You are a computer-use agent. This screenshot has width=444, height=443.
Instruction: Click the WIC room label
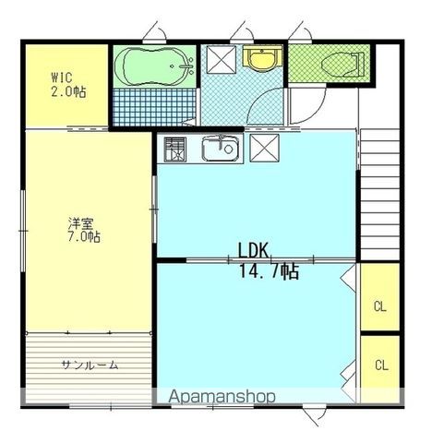(62, 78)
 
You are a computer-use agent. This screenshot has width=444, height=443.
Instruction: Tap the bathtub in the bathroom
(154, 66)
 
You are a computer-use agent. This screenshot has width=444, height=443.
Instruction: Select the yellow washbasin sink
(262, 58)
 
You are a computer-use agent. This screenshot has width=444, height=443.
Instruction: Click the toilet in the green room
(342, 65)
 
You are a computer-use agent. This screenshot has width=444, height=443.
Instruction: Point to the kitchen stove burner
(175, 150)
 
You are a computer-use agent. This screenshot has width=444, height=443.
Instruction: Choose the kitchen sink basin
(221, 149)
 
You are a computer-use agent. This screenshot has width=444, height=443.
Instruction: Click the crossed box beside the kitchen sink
(264, 149)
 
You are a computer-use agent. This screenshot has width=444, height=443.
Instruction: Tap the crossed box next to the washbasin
(222, 60)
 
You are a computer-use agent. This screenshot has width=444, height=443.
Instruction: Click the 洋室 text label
(80, 223)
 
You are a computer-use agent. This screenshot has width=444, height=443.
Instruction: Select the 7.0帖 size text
(84, 237)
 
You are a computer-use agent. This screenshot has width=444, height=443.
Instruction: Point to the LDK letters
(254, 250)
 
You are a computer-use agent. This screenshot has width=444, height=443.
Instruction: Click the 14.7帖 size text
(269, 271)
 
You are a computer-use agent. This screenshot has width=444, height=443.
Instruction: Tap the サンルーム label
(90, 365)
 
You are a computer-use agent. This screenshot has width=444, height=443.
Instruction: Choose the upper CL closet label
(380, 306)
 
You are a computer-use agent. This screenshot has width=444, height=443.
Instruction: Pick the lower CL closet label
(381, 365)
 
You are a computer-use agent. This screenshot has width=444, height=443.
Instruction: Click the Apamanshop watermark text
(222, 397)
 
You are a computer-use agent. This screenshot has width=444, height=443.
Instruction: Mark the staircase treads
(380, 195)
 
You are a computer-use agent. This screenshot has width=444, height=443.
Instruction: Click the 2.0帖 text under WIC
(68, 91)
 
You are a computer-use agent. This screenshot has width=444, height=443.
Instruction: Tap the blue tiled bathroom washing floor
(154, 107)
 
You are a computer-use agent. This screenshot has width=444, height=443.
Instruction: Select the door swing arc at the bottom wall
(317, 416)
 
